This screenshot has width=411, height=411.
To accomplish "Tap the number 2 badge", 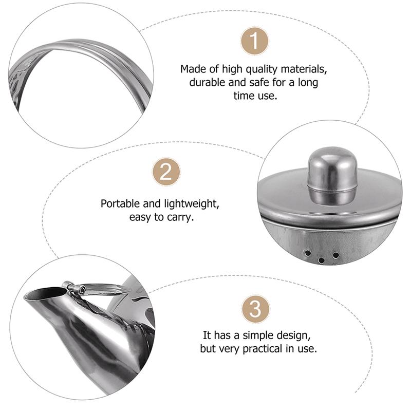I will click(166, 172).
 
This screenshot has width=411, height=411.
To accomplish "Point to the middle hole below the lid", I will click(322, 260).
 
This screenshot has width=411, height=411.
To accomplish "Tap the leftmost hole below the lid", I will click(307, 253).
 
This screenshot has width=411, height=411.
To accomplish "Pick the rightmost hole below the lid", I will click(336, 255).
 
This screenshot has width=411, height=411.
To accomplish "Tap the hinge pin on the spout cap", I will click(81, 291).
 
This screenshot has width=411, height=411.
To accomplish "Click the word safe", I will click(247, 82).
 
